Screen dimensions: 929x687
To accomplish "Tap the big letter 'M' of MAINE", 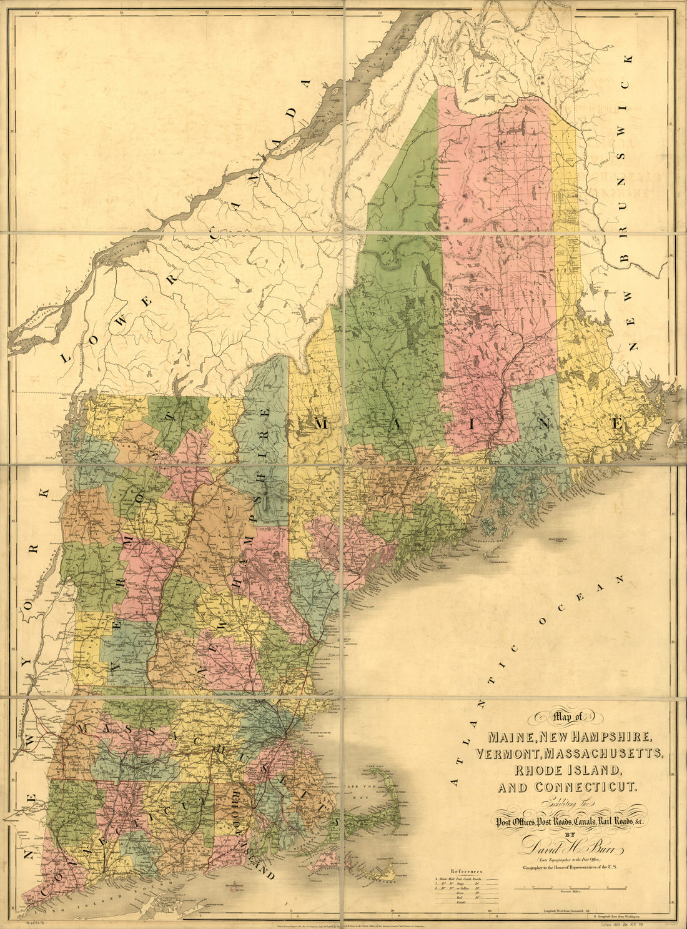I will pos(320,424).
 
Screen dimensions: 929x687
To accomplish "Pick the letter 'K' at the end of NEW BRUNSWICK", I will pos(628,59).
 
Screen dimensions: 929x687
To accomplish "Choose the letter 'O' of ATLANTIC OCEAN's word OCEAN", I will pos(542,621).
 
